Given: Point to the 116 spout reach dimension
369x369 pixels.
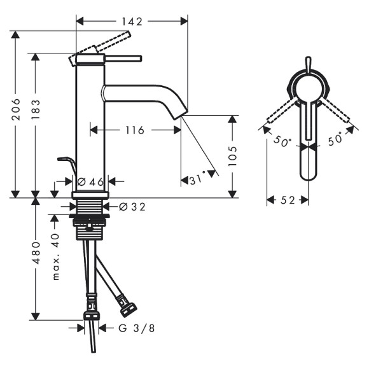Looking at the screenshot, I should pyautogui.click(x=134, y=130).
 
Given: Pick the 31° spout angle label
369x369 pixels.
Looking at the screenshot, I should pyautogui.click(x=197, y=180).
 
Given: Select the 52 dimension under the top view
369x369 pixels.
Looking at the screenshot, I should pyautogui.click(x=287, y=200).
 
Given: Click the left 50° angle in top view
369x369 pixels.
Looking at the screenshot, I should pyautogui.click(x=282, y=141).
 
